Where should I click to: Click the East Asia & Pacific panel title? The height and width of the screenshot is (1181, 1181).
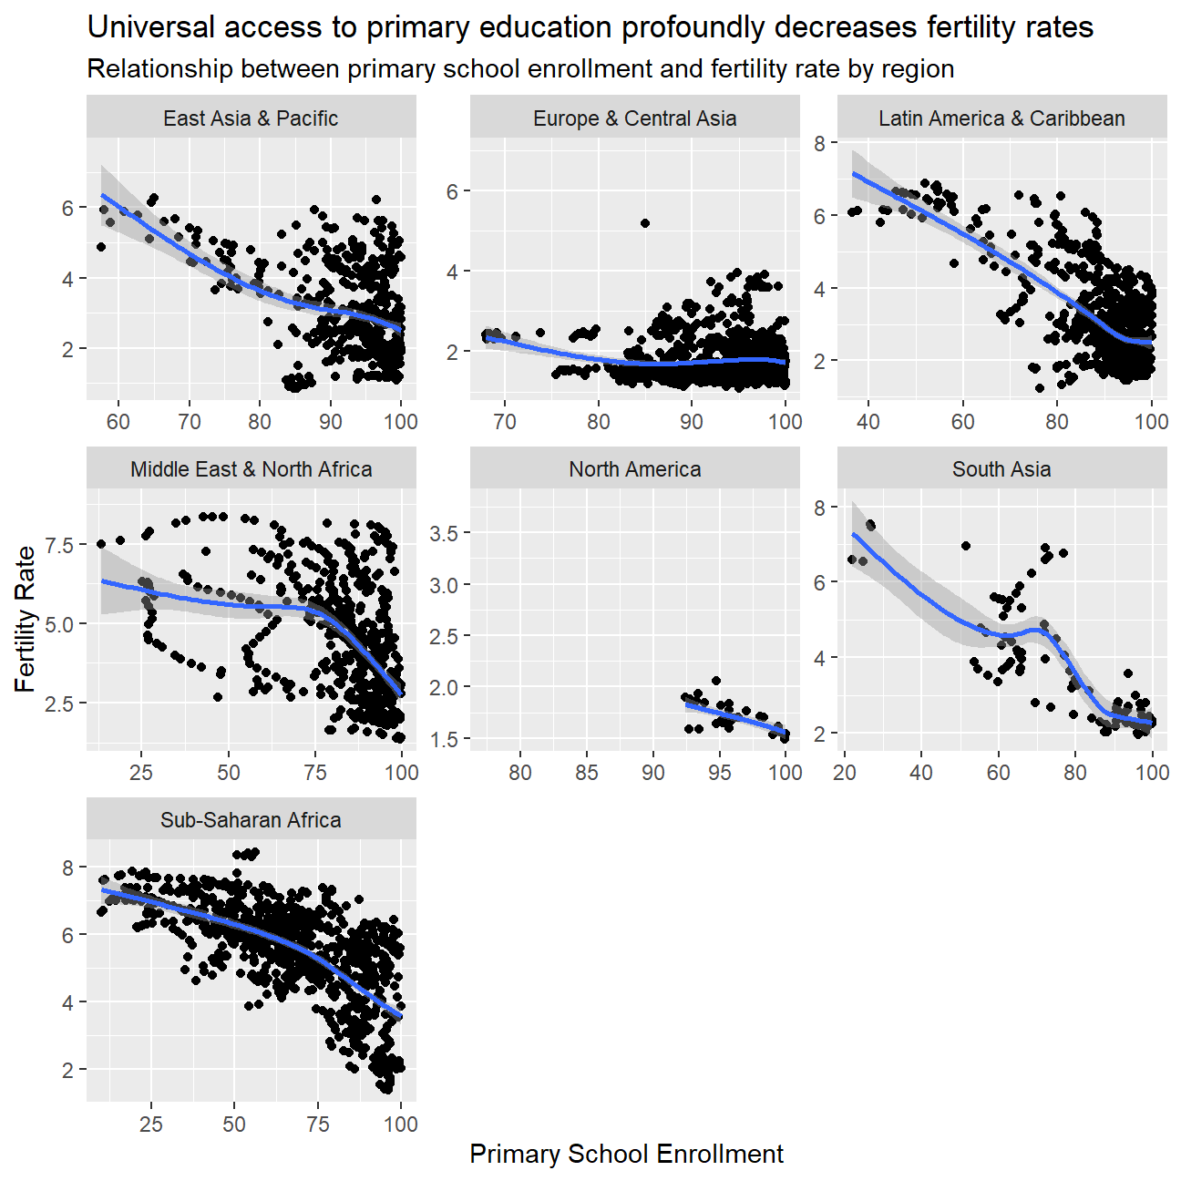pyautogui.click(x=251, y=118)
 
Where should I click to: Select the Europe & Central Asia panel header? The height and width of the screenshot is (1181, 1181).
pyautogui.click(x=634, y=118)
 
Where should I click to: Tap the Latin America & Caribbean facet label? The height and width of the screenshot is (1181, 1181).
pyautogui.click(x=1001, y=118)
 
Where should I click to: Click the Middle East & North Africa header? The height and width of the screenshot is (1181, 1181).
pyautogui.click(x=251, y=469)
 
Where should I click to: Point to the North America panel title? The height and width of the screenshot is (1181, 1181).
pyautogui.click(x=634, y=469)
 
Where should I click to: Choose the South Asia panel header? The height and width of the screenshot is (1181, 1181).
pyautogui.click(x=1001, y=469)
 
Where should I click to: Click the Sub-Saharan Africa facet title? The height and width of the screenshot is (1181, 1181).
pyautogui.click(x=251, y=820)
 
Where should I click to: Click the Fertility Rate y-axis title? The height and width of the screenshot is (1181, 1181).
pyautogui.click(x=26, y=619)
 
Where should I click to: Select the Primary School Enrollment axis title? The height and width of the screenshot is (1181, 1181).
pyautogui.click(x=626, y=1154)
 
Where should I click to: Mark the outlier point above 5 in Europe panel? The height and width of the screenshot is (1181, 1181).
pyautogui.click(x=645, y=223)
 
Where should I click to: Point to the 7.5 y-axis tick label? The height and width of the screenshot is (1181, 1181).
pyautogui.click(x=59, y=546)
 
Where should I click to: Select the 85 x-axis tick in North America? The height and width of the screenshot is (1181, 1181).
pyautogui.click(x=587, y=773)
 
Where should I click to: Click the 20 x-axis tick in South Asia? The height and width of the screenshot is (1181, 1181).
pyautogui.click(x=845, y=773)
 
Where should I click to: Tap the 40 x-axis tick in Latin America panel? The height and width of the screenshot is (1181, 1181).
pyautogui.click(x=868, y=422)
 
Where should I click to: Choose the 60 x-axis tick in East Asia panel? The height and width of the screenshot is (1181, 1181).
pyautogui.click(x=118, y=422)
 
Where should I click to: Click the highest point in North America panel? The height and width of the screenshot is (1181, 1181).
pyautogui.click(x=716, y=681)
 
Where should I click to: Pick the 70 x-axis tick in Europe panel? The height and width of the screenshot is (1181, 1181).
pyautogui.click(x=504, y=422)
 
